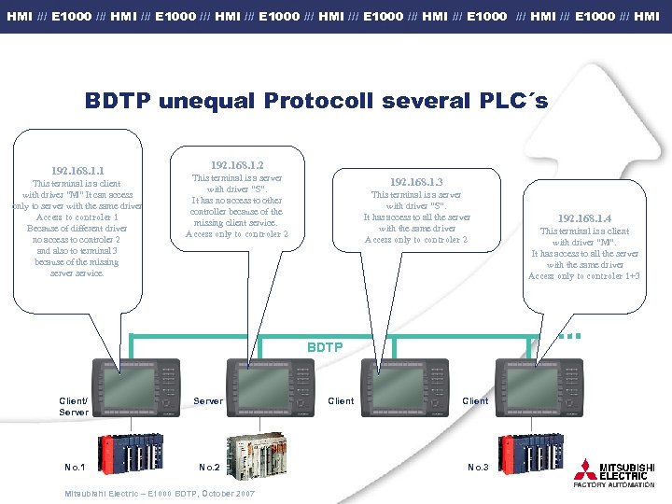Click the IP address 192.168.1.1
pyautogui.click(x=78, y=171)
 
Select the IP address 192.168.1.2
pyautogui.click(x=237, y=164)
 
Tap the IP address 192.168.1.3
pyautogui.click(x=416, y=181)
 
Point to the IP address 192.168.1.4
pyautogui.click(x=584, y=217)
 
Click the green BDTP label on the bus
pyautogui.click(x=325, y=347)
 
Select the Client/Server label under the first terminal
pyautogui.click(x=74, y=406)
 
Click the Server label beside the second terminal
pyautogui.click(x=208, y=400)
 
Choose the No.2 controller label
pyautogui.click(x=209, y=467)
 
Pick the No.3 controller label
pyautogui.click(x=478, y=467)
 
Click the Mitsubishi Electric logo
pyautogui.click(x=615, y=471)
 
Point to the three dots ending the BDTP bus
pyautogui.click(x=569, y=334)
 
